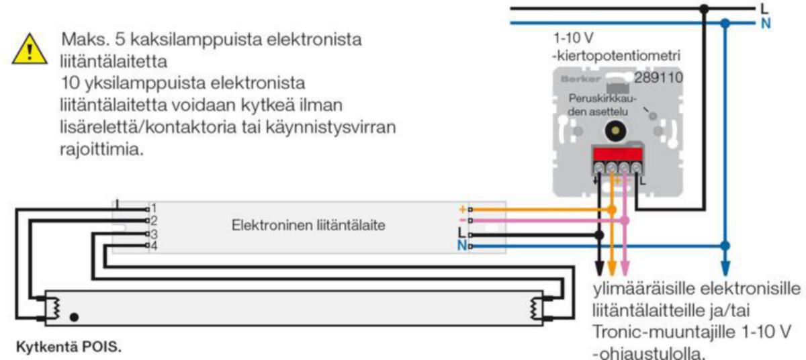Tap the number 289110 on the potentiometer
click(x=658, y=78)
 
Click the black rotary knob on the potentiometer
click(x=615, y=131)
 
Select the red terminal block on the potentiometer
click(x=617, y=154)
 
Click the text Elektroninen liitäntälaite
click(x=308, y=226)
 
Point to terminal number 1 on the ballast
click(x=154, y=208)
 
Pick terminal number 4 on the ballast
click(x=154, y=246)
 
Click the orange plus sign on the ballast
click(x=463, y=209)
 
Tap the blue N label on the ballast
click(x=462, y=246)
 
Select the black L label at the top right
click(x=764, y=8)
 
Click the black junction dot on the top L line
click(x=704, y=9)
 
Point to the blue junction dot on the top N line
click(x=725, y=24)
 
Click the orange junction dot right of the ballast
click(x=612, y=210)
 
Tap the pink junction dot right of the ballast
click(x=625, y=220)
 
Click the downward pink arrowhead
click(x=625, y=268)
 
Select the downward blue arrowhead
click(x=725, y=268)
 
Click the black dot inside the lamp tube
click(x=74, y=317)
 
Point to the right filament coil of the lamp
click(x=533, y=308)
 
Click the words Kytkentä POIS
click(x=69, y=347)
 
